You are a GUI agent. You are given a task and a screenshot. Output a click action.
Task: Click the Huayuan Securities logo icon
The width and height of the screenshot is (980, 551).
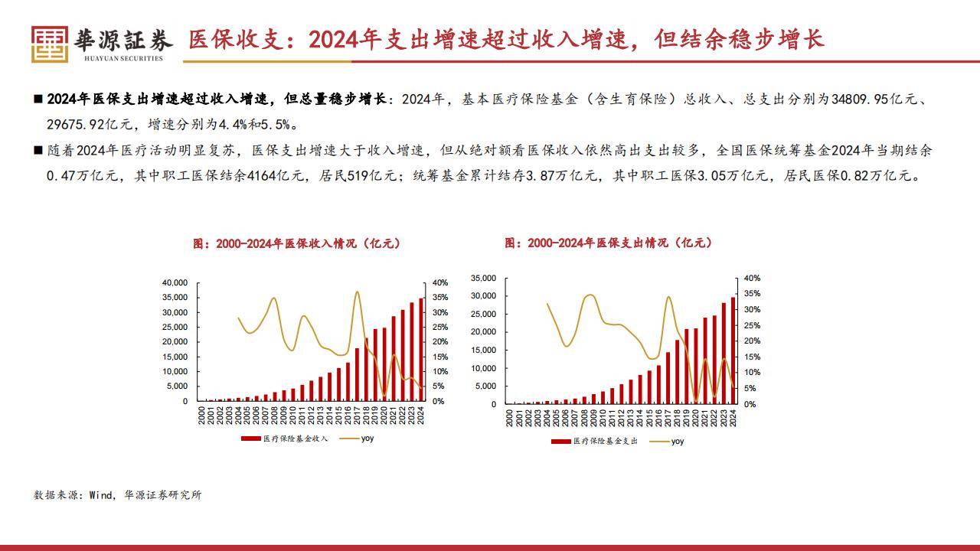(x=50, y=44)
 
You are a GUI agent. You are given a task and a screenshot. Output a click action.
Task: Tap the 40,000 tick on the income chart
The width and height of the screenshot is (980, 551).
(x=175, y=283)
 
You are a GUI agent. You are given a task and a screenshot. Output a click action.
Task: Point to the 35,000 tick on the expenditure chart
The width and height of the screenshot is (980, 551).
(x=484, y=278)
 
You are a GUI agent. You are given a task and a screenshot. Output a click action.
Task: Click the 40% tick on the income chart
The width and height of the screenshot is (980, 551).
(x=440, y=283)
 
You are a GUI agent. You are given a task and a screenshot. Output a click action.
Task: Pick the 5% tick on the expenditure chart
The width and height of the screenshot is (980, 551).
(x=750, y=389)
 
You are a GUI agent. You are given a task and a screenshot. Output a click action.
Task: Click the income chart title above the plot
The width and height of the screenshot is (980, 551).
(x=296, y=243)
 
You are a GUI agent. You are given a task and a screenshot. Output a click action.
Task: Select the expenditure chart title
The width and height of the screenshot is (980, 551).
(x=608, y=243)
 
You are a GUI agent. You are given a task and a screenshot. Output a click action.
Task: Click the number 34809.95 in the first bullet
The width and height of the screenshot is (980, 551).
(x=871, y=99)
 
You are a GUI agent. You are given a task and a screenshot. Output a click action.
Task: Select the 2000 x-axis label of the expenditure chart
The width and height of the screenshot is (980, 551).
(x=510, y=418)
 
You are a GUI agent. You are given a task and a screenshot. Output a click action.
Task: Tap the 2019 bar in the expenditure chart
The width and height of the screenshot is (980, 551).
(x=686, y=367)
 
